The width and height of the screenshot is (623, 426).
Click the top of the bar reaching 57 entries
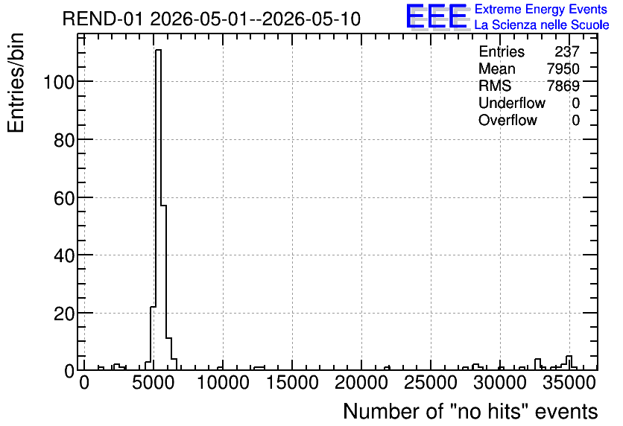pyautogui.click(x=163, y=206)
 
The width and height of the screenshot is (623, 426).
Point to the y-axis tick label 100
pyautogui.click(x=59, y=83)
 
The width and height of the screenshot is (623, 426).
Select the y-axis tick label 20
pyautogui.click(x=64, y=314)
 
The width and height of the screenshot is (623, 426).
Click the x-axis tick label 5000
pyautogui.click(x=154, y=383)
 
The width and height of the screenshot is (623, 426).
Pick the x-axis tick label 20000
pyautogui.click(x=361, y=383)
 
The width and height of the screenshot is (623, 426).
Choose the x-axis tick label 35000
pyautogui.click(x=569, y=383)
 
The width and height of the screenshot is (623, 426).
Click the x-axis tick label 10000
pyautogui.click(x=223, y=383)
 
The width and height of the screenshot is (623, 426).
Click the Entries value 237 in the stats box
pyautogui.click(x=567, y=51)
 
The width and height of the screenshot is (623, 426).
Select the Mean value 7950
pyautogui.click(x=563, y=69)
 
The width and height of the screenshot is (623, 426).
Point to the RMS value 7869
pyautogui.click(x=563, y=86)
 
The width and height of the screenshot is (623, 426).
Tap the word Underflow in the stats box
pyautogui.click(x=512, y=103)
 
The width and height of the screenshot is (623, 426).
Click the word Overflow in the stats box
pyautogui.click(x=507, y=120)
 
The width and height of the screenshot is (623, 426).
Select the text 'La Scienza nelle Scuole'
pyautogui.click(x=542, y=25)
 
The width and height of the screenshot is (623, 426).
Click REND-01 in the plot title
pyautogui.click(x=103, y=19)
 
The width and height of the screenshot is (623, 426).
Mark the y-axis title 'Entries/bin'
pyautogui.click(x=16, y=83)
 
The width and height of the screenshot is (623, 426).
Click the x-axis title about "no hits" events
pyautogui.click(x=470, y=411)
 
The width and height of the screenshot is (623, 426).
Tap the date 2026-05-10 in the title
pyautogui.click(x=311, y=19)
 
